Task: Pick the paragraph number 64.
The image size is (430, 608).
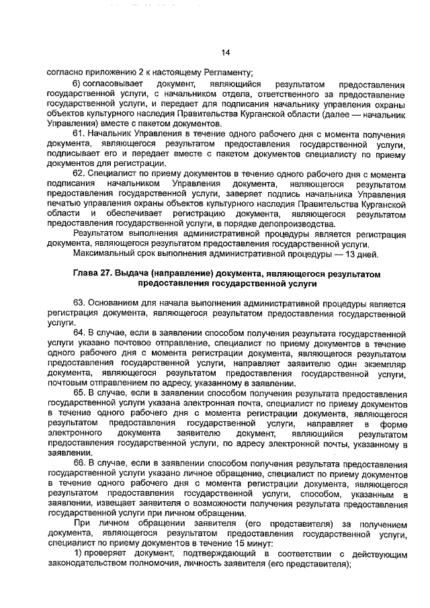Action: pyautogui.click(x=81, y=332)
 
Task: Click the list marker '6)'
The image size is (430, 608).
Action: pyautogui.click(x=79, y=85)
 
